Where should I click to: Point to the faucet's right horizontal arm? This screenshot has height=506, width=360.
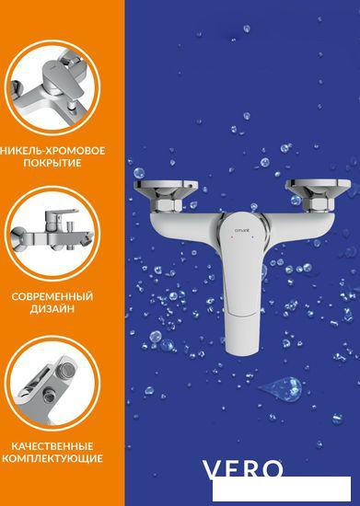pos(296,224)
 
